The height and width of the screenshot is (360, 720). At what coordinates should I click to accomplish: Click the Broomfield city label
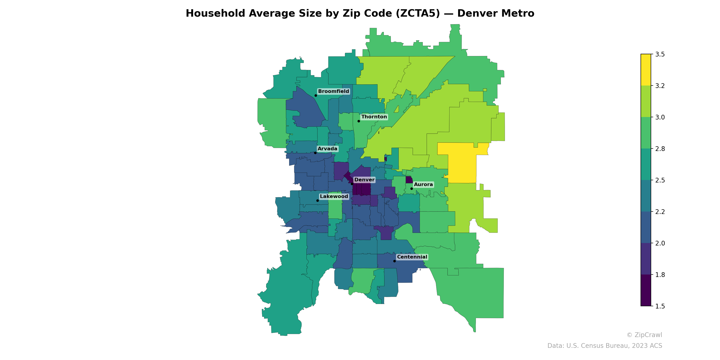point(333,91)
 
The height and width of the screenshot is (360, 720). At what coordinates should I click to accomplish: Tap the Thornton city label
point(374,117)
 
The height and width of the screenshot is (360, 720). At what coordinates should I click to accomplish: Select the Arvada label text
point(327,149)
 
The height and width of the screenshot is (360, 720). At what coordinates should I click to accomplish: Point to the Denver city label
point(364,180)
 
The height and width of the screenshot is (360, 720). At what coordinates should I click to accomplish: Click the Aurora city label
point(423,184)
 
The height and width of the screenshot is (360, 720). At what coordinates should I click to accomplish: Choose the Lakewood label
point(334,196)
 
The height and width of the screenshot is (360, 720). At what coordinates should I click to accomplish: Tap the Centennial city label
point(412,257)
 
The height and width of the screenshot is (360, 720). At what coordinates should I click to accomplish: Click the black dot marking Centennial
point(394,261)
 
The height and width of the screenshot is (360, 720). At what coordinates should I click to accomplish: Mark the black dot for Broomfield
point(315,96)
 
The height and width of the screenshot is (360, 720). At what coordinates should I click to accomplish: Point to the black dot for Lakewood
point(317,201)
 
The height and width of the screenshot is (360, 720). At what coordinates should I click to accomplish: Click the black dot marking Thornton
point(359,121)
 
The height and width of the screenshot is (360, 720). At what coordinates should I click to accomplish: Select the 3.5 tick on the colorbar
point(660,54)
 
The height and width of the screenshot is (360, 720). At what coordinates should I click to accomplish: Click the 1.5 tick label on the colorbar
point(660,306)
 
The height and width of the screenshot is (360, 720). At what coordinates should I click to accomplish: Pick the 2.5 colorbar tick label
point(660,180)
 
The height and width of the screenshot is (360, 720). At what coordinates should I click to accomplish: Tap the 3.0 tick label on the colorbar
point(660,117)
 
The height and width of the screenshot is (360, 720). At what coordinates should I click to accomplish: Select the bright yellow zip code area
point(462,165)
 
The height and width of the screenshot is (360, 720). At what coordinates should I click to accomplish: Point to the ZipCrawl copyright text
point(644,335)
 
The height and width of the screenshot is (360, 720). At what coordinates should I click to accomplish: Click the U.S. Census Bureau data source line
point(605,346)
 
